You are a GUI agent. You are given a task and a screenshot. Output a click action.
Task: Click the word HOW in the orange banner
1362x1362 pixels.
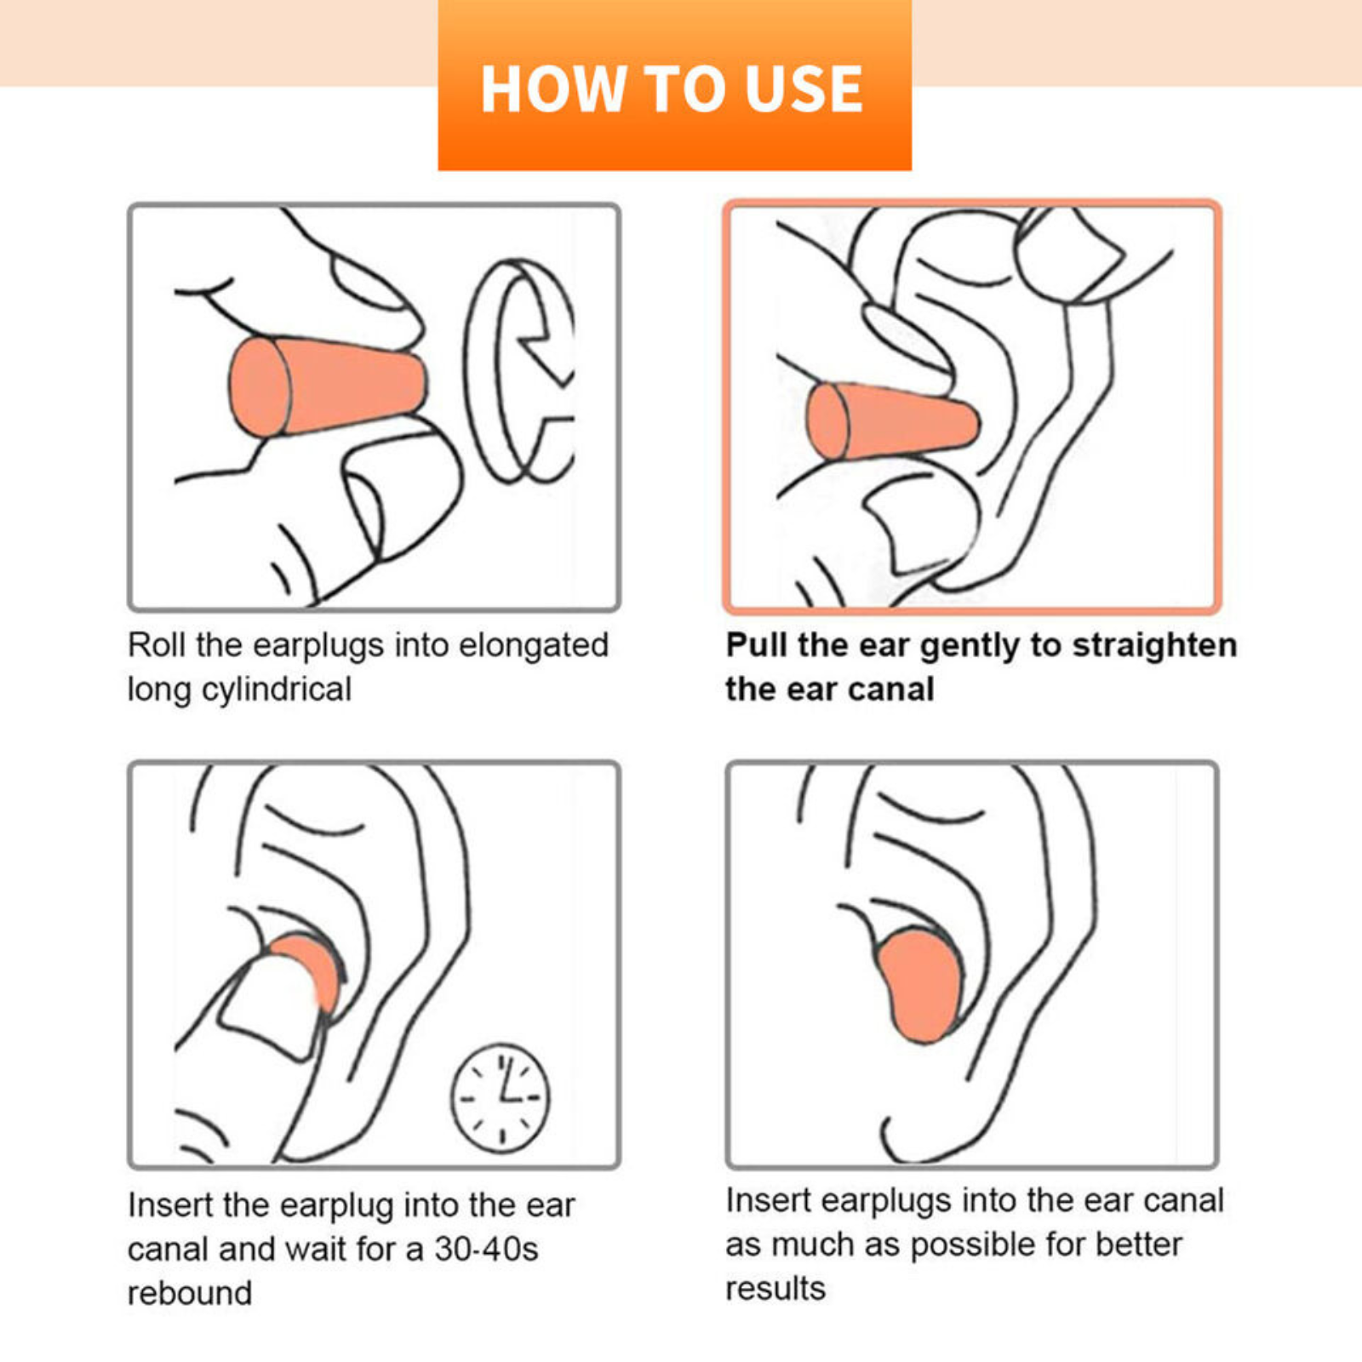pyautogui.click(x=553, y=89)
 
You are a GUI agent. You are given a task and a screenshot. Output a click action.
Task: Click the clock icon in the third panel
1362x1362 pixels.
pyautogui.click(x=501, y=1098)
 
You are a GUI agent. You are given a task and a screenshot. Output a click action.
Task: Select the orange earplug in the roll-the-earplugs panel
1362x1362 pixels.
pyautogui.click(x=328, y=387)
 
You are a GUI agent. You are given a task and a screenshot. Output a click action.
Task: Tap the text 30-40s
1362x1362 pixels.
pyautogui.click(x=486, y=1249)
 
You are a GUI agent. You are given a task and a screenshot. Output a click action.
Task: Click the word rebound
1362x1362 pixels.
pyautogui.click(x=190, y=1293)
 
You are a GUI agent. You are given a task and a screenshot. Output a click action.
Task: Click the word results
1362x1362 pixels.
pyautogui.click(x=775, y=1289)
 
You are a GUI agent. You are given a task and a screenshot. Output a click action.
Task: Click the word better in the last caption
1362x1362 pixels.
pyautogui.click(x=1139, y=1245)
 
